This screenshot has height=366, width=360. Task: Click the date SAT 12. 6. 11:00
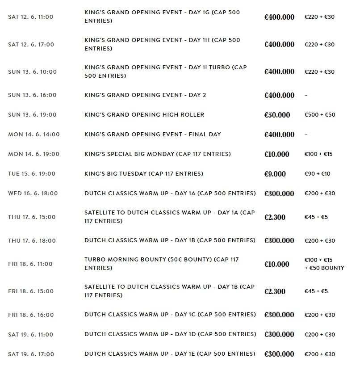coord(30,17)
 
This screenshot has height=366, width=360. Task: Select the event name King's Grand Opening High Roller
coord(144,115)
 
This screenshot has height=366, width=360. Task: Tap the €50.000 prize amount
coord(277,115)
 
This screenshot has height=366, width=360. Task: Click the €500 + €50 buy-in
coord(319,115)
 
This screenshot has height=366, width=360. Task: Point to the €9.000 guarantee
coord(275,174)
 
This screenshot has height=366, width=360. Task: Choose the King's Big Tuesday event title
coord(143,174)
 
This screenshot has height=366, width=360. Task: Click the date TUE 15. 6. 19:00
coord(33,174)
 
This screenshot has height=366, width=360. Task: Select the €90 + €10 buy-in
coord(317,174)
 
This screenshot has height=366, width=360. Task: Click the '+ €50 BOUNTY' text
coord(324,268)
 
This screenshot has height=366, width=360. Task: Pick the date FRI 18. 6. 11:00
coord(30,264)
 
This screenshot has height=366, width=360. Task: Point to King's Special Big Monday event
coord(157,154)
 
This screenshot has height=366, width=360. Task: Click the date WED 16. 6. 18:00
coord(33,194)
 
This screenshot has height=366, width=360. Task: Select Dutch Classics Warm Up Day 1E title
coord(170,354)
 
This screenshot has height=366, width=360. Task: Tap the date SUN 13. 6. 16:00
coord(32,95)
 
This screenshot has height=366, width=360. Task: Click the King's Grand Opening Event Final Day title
coord(152,135)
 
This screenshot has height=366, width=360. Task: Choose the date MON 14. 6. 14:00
coord(33,135)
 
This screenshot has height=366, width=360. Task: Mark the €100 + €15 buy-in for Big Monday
coord(318,154)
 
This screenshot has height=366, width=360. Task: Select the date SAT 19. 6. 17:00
coord(31,354)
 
